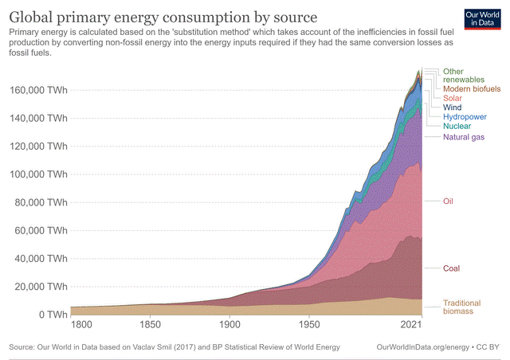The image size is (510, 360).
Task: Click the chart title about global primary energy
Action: (x=163, y=17)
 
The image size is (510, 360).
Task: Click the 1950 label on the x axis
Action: (x=308, y=327)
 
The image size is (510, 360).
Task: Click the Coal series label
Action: (x=451, y=268)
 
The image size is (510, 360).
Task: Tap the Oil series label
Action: (x=448, y=202)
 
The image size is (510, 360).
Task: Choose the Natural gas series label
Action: (x=464, y=137)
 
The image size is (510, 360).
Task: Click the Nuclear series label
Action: (x=457, y=126)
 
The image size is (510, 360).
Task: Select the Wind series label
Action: (x=453, y=107)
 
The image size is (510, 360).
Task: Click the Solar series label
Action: (x=453, y=98)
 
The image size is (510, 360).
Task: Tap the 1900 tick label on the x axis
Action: (x=229, y=327)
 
